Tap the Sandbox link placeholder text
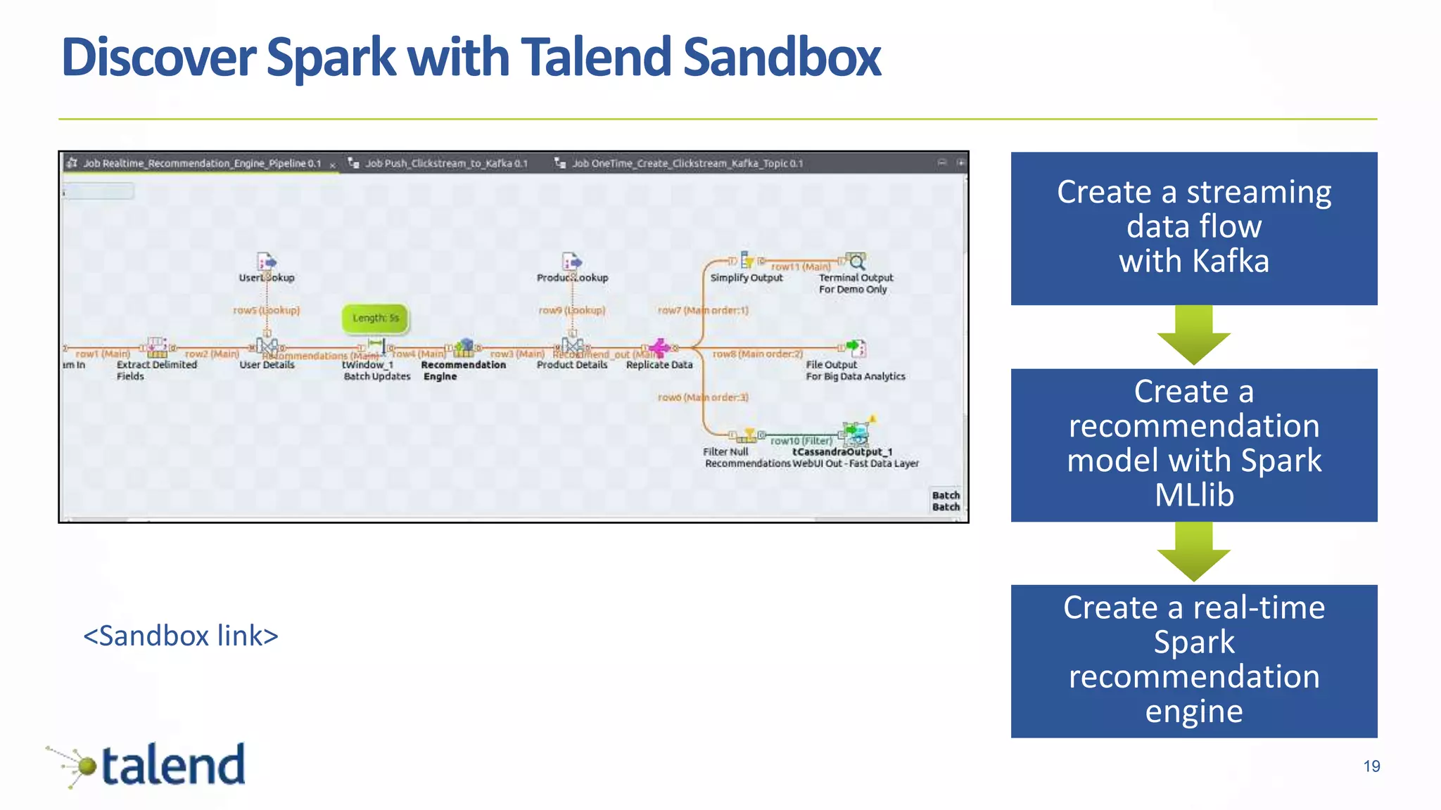181,636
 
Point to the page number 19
1371,766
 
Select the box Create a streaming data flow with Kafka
1193,228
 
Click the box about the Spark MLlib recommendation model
1193,444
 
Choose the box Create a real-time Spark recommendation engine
1193,660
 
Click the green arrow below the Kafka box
1193,336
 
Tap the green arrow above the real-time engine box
1193,553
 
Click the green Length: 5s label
375,318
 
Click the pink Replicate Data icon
659,347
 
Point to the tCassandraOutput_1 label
842,452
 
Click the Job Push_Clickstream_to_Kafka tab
445,163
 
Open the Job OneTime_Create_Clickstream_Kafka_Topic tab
686,163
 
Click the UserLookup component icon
267,262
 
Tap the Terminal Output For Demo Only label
855,283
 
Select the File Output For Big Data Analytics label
855,371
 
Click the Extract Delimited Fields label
156,370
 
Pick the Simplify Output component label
746,278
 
